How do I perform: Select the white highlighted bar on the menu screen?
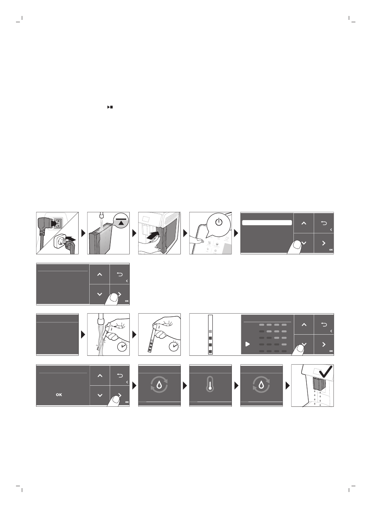pos(267,223)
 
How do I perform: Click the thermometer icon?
pos(210,385)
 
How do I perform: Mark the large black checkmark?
pos(324,374)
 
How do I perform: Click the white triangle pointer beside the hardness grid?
pos(247,344)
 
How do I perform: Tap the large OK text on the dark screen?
pos(59,395)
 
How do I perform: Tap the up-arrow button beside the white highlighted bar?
pos(304,223)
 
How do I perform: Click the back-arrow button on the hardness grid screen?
pos(324,324)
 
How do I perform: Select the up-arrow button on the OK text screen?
pos(100,376)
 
